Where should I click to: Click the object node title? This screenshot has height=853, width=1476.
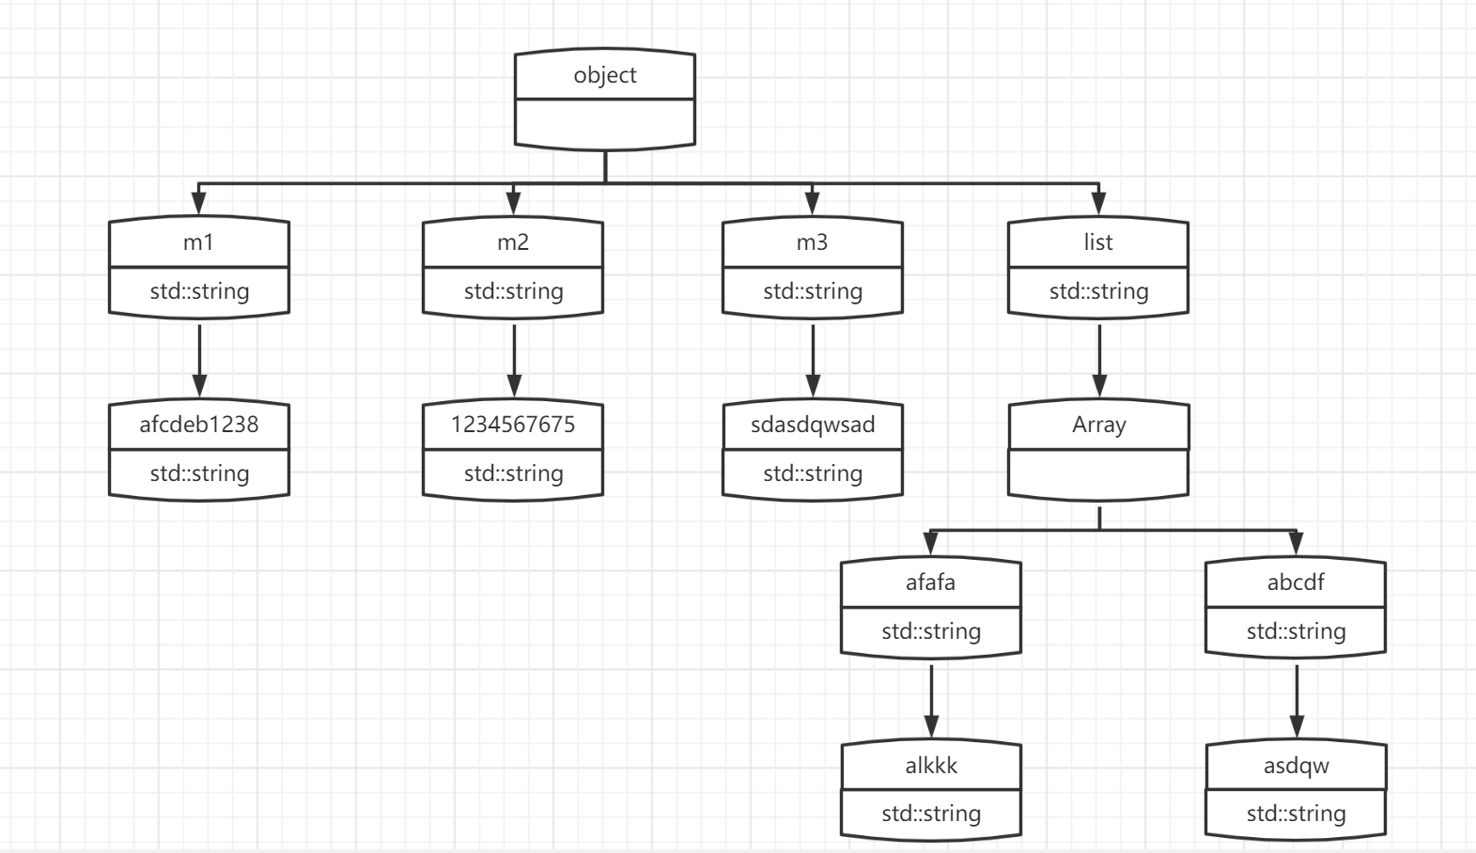605,75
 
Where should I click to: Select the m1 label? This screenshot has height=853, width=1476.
198,242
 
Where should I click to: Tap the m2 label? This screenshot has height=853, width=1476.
513,242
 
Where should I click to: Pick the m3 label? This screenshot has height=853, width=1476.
812,242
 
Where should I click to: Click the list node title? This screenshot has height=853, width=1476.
1097,242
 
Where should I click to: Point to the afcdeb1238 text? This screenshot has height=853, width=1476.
199,425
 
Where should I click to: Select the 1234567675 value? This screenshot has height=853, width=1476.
513,425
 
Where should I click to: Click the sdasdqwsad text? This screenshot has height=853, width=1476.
813,425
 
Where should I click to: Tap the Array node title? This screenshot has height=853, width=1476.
1098,425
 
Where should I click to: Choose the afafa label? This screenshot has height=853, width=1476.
930,582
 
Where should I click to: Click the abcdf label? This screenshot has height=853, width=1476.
1296,582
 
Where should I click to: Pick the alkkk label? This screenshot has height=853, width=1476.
931,766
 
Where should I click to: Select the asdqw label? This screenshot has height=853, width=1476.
1297,766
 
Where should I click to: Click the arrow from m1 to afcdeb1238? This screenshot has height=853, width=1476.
199,361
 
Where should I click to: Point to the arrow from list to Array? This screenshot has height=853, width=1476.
1099,361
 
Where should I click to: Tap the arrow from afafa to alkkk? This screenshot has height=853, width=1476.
931,702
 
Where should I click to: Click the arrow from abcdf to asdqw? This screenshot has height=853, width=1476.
1297,702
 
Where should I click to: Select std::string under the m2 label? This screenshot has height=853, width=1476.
513,291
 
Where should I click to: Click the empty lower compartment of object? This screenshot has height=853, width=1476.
605,123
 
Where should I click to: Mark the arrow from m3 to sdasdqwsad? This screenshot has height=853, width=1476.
813,361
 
